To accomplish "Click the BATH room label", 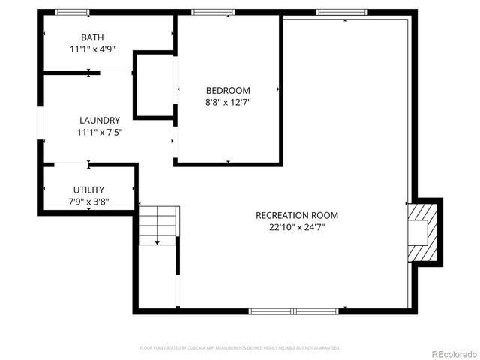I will tap(93, 37).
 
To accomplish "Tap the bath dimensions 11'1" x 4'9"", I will tap(93, 49).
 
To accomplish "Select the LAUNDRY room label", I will tap(100, 120).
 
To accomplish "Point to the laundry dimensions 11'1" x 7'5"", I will tap(100, 132).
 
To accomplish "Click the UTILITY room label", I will tap(88, 190).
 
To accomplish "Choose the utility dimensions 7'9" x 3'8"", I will tap(88, 202).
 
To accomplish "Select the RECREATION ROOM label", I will tap(293, 214).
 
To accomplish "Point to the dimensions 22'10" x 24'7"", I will tap(293, 226).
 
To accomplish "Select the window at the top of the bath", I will tap(73, 12).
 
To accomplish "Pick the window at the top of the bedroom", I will tap(213, 12).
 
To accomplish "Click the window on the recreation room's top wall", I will tap(341, 12).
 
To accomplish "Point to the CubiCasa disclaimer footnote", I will tap(240, 348).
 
